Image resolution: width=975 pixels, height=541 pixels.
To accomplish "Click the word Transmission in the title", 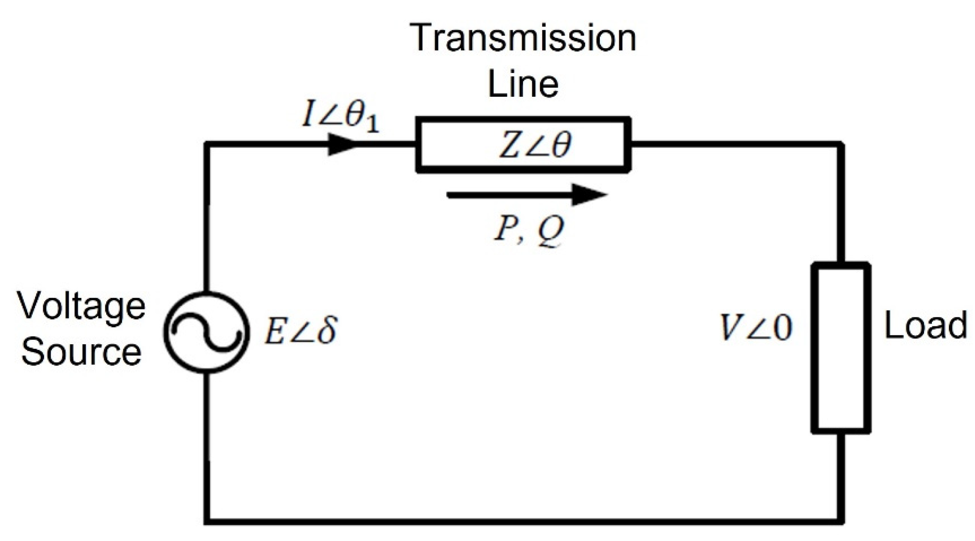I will click(523, 38).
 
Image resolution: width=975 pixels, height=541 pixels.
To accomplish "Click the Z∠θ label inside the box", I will click(535, 145).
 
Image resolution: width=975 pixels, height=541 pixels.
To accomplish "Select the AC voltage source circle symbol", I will click(206, 332).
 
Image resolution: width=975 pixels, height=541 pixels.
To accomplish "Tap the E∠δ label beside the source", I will click(300, 331).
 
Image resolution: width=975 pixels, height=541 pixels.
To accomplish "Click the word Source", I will click(81, 352).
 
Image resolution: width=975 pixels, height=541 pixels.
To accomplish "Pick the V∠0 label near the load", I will click(755, 327).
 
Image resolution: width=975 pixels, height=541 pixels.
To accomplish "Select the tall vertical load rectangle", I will click(840, 347).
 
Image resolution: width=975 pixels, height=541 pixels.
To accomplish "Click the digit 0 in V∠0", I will click(782, 328).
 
